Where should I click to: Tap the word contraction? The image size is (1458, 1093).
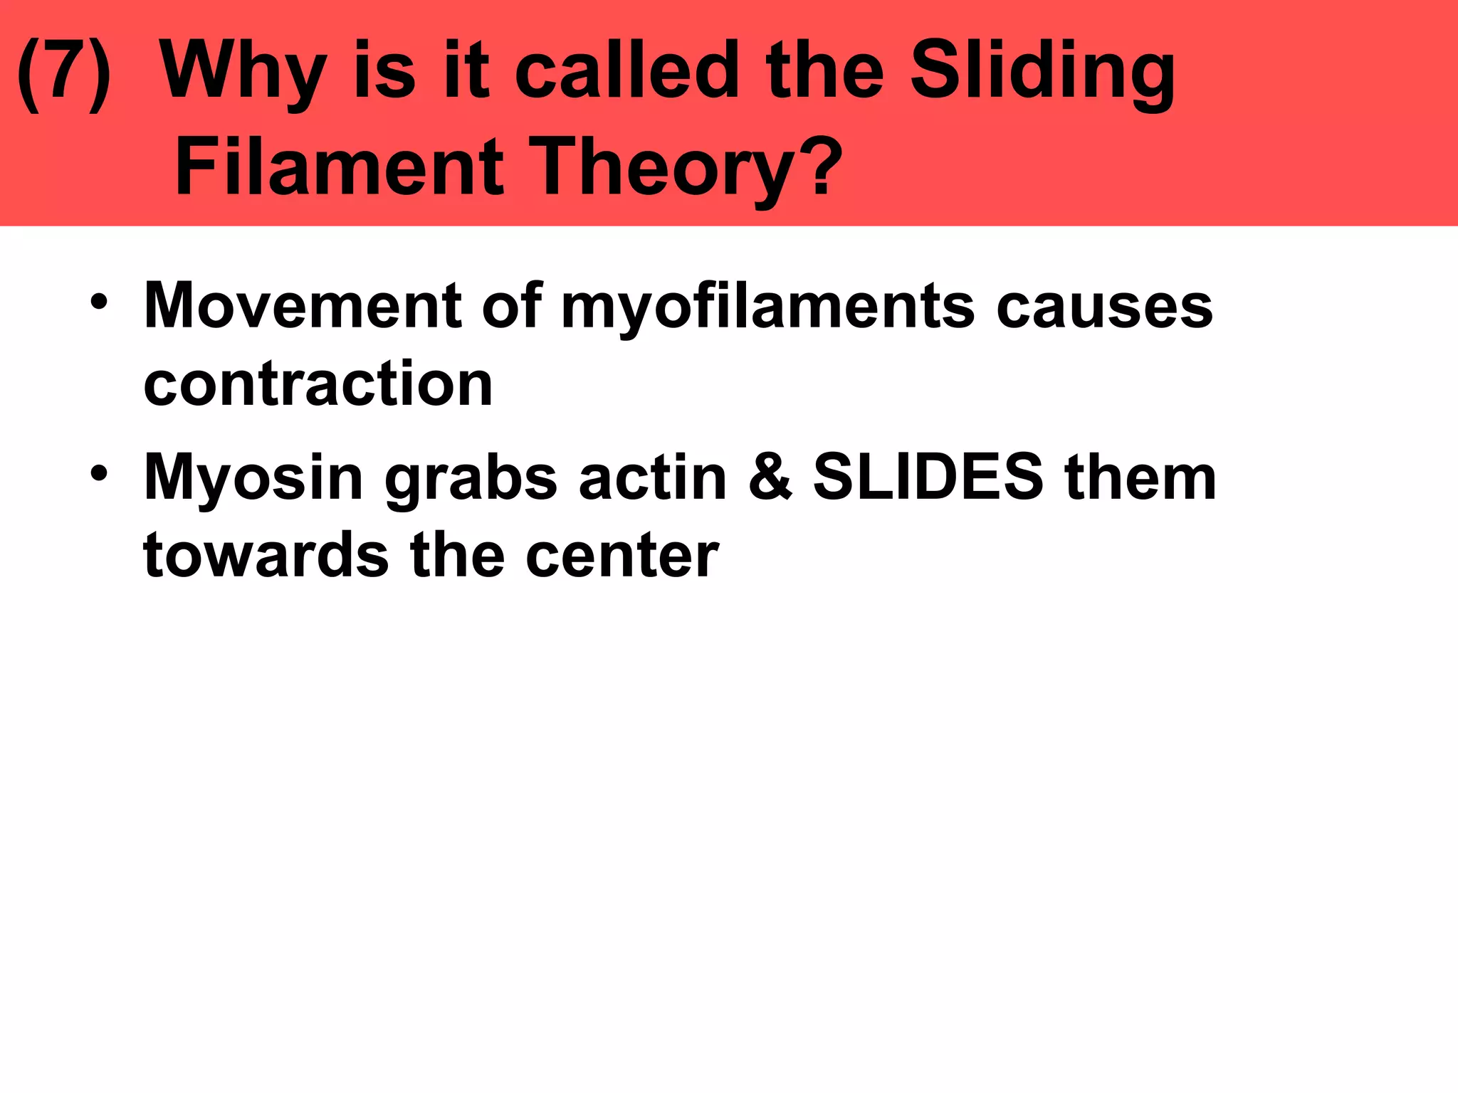coord(318,384)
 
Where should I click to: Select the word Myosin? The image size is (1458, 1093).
coord(253,478)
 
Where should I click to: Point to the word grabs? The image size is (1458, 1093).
coord(471,478)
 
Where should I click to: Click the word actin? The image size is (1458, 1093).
coord(653,478)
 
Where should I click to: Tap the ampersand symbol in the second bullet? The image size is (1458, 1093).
coord(770,478)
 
